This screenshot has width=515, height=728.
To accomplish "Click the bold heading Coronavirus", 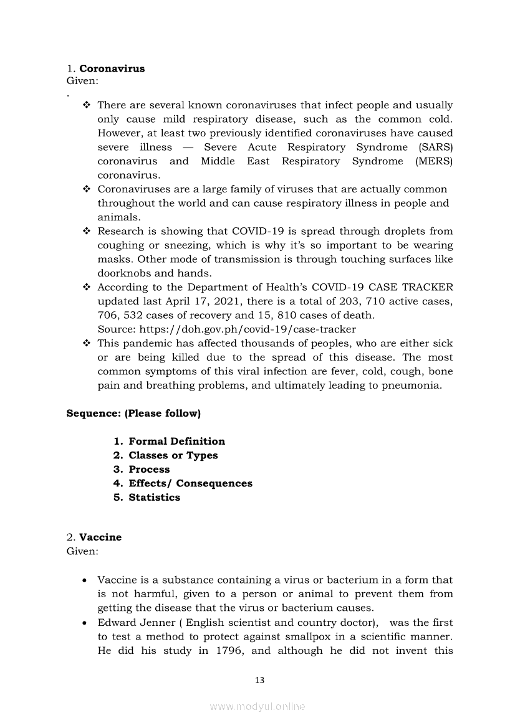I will [x=112, y=69].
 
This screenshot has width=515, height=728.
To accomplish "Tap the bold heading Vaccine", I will [x=100, y=537].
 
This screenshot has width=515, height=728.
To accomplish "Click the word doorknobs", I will [x=124, y=273].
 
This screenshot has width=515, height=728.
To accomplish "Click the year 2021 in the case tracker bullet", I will [x=229, y=301].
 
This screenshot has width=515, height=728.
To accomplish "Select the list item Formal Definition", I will [x=176, y=441].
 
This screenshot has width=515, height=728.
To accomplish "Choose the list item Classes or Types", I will [x=173, y=455].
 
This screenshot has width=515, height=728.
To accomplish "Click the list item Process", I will [x=149, y=470].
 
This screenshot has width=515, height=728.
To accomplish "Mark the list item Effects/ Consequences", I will [x=190, y=483].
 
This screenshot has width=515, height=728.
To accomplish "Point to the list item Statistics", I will [x=154, y=498].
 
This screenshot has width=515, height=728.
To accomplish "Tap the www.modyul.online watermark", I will [x=257, y=706].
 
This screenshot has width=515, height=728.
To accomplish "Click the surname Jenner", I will [x=154, y=623].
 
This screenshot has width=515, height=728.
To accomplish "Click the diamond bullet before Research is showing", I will [x=87, y=232].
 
